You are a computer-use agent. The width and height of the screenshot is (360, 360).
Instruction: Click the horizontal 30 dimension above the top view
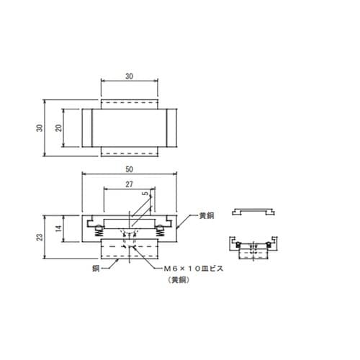pyautogui.click(x=129, y=76)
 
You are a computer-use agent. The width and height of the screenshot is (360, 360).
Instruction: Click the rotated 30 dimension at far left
pyautogui.click(x=40, y=128)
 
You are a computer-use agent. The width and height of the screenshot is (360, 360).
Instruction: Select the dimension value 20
pyautogui.click(x=58, y=128)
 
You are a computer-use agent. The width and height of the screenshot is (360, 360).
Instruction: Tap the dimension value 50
pyautogui.click(x=129, y=169)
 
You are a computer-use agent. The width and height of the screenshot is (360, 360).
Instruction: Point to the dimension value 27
pyautogui.click(x=129, y=184)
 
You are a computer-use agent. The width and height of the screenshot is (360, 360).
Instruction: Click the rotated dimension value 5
pyautogui.click(x=145, y=194)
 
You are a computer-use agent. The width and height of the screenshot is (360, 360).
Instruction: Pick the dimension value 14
pyautogui.click(x=58, y=228)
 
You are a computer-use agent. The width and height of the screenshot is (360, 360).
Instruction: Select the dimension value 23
pyautogui.click(x=40, y=237)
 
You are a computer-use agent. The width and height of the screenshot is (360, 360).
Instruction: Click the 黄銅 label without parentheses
pyautogui.click(x=207, y=215)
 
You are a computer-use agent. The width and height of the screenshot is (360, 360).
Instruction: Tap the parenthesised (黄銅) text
pyautogui.click(x=179, y=280)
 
